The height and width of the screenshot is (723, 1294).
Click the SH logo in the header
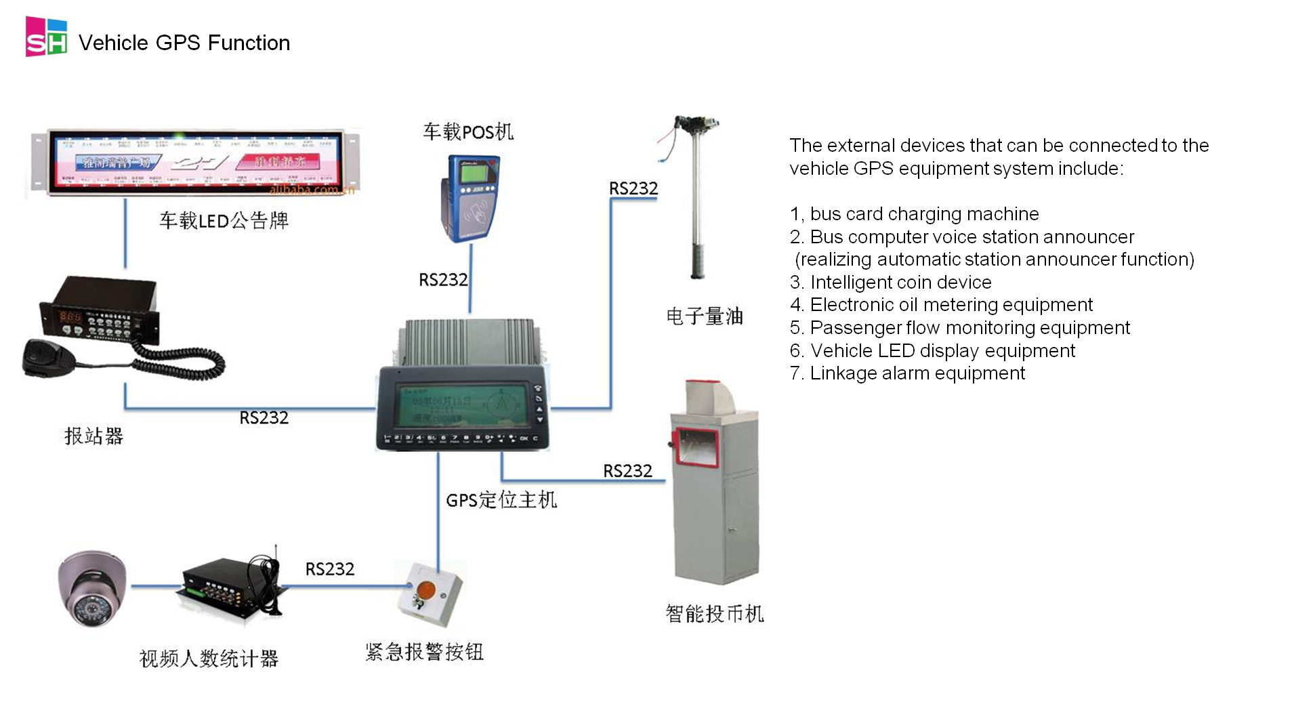pyautogui.click(x=46, y=37)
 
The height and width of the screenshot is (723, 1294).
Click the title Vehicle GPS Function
pyautogui.click(x=184, y=43)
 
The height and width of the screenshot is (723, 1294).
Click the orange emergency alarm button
pyautogui.click(x=426, y=590)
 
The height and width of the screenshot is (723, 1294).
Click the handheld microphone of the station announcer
pyautogui.click(x=47, y=357)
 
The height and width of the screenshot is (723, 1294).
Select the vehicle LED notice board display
pyautogui.click(x=195, y=163)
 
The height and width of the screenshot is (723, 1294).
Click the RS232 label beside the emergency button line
pyautogui.click(x=330, y=569)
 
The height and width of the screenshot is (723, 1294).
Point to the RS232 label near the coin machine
pyautogui.click(x=627, y=471)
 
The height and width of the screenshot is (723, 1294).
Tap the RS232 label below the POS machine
pyautogui.click(x=443, y=280)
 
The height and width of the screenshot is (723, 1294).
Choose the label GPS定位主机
pyautogui.click(x=501, y=500)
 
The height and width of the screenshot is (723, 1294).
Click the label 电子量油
pyautogui.click(x=705, y=316)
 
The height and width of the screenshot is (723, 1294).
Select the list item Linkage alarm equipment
pyautogui.click(x=908, y=373)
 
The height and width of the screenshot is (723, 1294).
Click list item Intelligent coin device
pyautogui.click(x=891, y=283)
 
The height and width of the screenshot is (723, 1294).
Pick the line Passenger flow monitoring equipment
pyautogui.click(x=960, y=328)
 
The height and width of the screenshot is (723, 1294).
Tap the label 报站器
pyautogui.click(x=93, y=436)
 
